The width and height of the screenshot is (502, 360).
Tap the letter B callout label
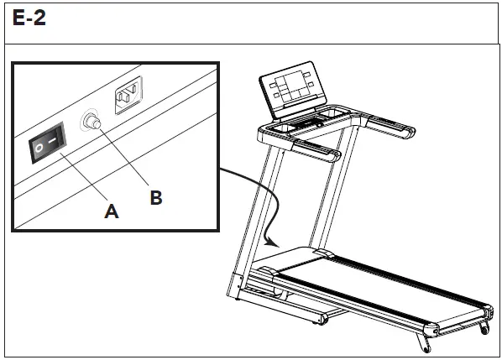pyautogui.click(x=155, y=198)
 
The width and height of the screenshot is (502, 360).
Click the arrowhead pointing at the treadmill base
pyautogui.click(x=269, y=241)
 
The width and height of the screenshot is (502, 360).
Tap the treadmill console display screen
pyautogui.click(x=290, y=86)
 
